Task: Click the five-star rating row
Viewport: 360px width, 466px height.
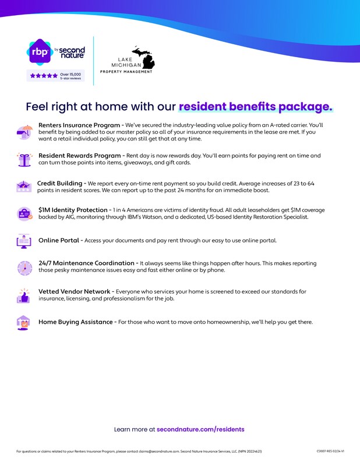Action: (x=44, y=76)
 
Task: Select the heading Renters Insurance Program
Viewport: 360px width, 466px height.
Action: (x=79, y=125)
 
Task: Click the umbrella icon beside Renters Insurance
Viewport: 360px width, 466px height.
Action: (x=24, y=132)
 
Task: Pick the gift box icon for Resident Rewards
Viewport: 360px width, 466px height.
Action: (x=24, y=159)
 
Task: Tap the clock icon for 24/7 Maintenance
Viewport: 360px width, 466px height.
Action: (x=24, y=267)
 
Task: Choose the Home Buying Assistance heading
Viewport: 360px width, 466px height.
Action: (x=76, y=322)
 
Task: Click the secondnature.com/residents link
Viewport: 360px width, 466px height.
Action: (x=200, y=429)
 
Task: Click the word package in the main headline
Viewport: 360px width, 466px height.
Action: (x=306, y=107)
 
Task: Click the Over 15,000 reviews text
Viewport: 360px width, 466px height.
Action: (x=70, y=76)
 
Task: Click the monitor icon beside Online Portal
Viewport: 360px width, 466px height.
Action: (x=24, y=240)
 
